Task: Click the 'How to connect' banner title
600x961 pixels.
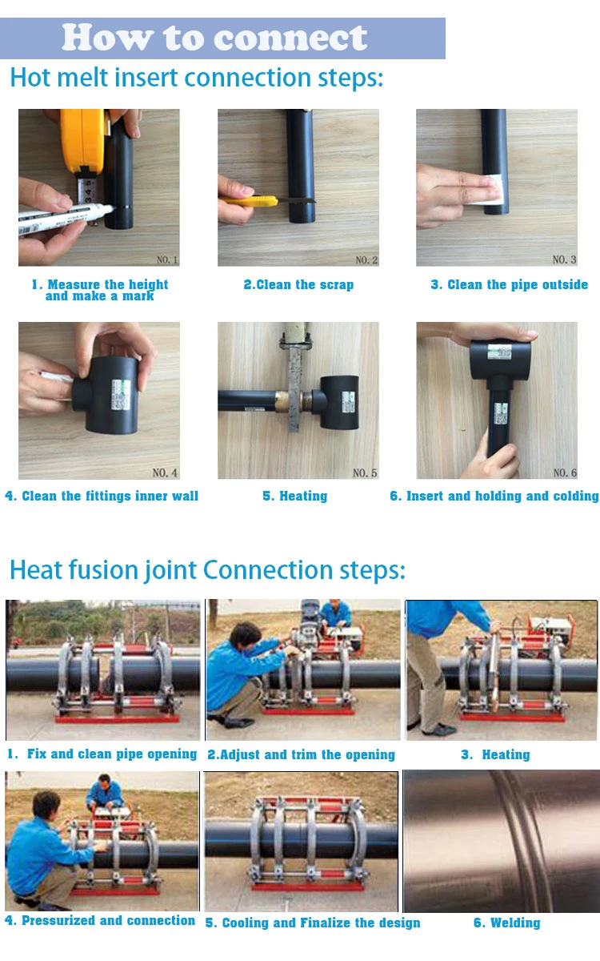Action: [x=214, y=38]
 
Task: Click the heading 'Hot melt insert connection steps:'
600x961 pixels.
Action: [x=196, y=78]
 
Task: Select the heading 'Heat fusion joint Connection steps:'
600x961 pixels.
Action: [x=207, y=570]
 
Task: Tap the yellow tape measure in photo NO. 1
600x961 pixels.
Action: [x=84, y=142]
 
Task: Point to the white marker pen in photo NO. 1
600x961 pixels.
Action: [x=64, y=218]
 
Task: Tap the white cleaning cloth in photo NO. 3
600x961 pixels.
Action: [x=488, y=190]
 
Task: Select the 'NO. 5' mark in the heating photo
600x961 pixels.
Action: [x=365, y=472]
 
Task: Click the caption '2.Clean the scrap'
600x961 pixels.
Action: [x=298, y=284]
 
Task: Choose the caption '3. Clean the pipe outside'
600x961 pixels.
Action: [x=509, y=284]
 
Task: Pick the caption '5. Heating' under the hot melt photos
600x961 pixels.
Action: [x=295, y=496]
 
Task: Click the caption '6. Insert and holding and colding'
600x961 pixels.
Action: [x=494, y=496]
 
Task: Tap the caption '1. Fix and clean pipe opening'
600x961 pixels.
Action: [x=102, y=754]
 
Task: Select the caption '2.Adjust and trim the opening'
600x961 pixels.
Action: [x=302, y=754]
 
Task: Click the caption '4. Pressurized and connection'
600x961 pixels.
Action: [x=100, y=920]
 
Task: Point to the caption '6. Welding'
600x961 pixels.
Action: [x=507, y=923]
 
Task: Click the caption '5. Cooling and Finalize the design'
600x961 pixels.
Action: [x=313, y=923]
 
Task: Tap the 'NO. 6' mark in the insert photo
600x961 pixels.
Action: [x=565, y=472]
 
